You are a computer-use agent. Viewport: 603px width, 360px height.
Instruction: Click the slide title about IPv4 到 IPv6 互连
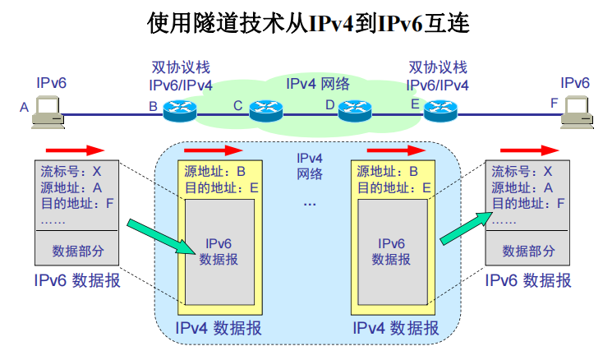tap(307, 23)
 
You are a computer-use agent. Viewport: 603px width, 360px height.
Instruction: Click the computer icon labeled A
tap(47, 111)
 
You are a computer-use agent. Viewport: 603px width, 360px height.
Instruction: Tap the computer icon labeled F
tap(574, 111)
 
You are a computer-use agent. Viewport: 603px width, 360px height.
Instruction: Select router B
tap(178, 108)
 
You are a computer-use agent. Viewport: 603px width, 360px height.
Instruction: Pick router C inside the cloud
tap(265, 108)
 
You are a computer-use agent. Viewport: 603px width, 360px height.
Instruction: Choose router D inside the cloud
tap(355, 108)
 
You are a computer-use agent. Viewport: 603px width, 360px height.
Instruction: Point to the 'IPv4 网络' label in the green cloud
tap(317, 83)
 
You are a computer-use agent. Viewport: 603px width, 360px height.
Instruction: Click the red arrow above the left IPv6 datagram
tap(75, 150)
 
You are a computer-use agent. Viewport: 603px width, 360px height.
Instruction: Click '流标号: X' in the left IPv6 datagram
tap(71, 172)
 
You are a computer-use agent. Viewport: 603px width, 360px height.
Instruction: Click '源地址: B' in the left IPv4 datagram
tap(215, 172)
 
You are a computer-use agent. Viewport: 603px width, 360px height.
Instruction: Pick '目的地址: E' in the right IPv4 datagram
tap(394, 187)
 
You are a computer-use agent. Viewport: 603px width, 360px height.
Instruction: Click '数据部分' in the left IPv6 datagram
tap(78, 250)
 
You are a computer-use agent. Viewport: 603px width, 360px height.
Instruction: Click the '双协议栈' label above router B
tap(180, 67)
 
